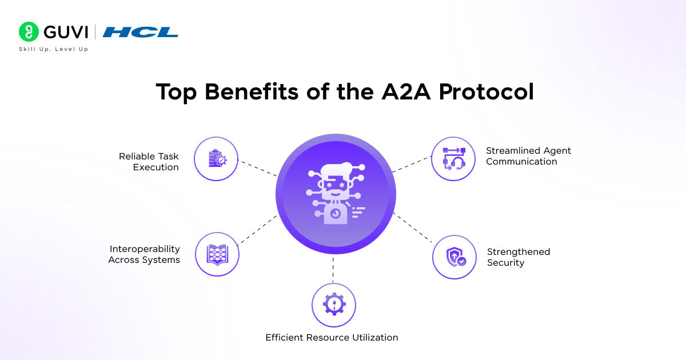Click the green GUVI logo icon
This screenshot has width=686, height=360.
[x=29, y=32]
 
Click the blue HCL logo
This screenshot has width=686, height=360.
[x=141, y=32]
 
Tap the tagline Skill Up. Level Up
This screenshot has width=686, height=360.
[x=54, y=50]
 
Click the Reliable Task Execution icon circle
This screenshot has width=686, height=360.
[x=216, y=159]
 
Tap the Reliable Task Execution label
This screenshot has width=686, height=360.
[x=149, y=162]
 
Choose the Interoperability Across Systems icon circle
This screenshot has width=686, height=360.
[x=217, y=254]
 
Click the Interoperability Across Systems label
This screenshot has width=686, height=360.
[x=144, y=254]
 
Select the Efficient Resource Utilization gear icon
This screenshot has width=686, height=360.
[x=334, y=305]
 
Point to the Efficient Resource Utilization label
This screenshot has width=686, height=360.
[x=332, y=337]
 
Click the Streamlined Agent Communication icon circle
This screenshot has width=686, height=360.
[x=453, y=159]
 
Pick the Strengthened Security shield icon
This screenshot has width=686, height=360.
[x=454, y=257]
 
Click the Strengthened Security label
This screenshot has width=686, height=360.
[x=518, y=257]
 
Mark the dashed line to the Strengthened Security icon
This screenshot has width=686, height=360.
[x=413, y=229]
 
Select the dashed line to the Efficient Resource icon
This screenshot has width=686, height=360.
[x=333, y=269]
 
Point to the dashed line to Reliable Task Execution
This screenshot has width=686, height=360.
[x=257, y=167]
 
